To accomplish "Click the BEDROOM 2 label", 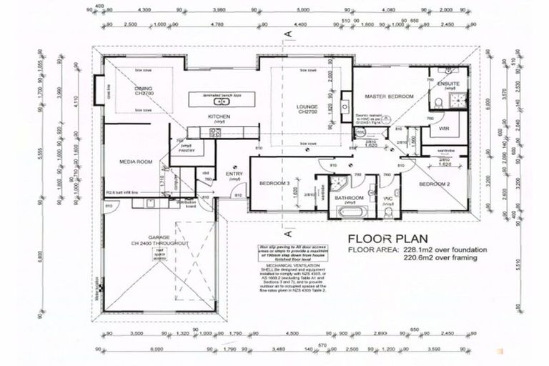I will click(433, 184).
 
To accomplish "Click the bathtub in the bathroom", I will click(350, 212).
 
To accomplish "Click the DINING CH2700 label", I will click(149, 91).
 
